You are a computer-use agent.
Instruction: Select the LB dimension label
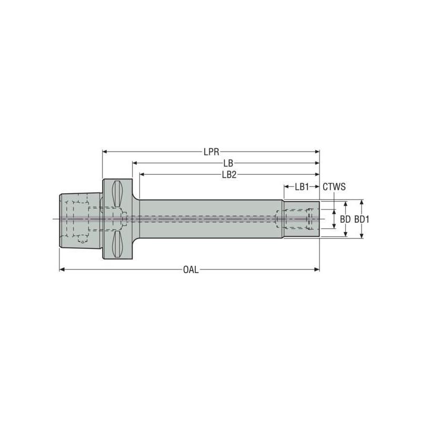228,164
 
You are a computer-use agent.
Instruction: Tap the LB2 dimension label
229,175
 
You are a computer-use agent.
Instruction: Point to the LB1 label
302,186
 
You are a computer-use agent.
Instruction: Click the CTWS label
334,186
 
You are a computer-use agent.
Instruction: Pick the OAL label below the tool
191,270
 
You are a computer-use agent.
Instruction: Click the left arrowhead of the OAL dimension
62,269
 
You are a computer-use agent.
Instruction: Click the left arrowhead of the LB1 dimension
286,186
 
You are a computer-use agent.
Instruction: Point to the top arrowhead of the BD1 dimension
362,202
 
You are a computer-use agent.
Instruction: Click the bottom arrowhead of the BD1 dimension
362,235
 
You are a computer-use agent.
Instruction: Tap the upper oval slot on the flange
117,195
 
